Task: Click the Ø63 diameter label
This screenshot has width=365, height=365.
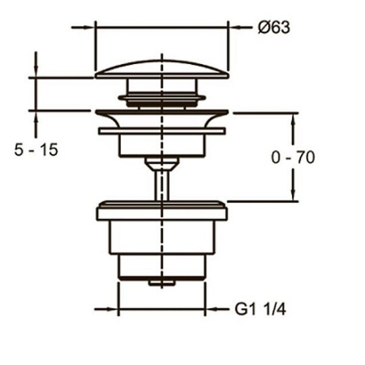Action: point(274,27)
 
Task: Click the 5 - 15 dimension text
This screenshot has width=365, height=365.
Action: point(36,150)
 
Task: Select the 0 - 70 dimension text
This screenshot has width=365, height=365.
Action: point(293,157)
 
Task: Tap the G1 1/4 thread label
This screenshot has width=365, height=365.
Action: point(260,310)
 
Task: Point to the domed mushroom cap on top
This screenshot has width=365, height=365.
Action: point(162,69)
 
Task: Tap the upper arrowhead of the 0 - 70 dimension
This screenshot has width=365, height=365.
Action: point(293,119)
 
